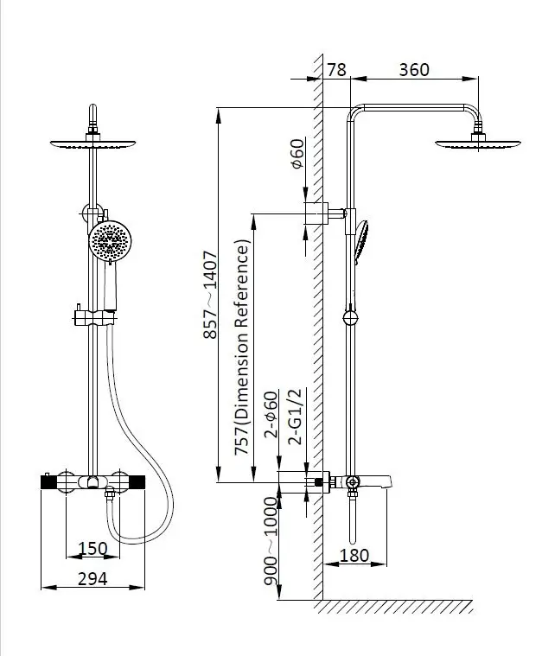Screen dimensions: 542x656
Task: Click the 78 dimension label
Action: (336, 70)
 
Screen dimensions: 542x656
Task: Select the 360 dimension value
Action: (414, 70)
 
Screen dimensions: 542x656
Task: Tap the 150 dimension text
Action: (92, 549)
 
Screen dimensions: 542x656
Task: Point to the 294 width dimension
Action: (92, 579)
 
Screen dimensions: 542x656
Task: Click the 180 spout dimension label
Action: (354, 556)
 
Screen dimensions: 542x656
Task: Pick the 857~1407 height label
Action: (210, 295)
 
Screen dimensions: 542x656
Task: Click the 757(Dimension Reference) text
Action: (242, 347)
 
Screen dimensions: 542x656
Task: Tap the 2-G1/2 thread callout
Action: (295, 417)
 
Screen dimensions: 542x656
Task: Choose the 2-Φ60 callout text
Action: (271, 414)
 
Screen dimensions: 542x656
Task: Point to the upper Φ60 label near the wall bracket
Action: (297, 154)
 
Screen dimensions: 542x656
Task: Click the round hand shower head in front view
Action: (110, 241)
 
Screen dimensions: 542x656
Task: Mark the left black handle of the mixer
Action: (49, 482)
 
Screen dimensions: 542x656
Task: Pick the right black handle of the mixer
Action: (137, 482)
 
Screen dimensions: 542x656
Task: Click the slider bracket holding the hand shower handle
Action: (95, 318)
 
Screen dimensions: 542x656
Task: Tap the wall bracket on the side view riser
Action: (326, 213)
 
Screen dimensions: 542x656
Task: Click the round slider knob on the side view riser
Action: (350, 318)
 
